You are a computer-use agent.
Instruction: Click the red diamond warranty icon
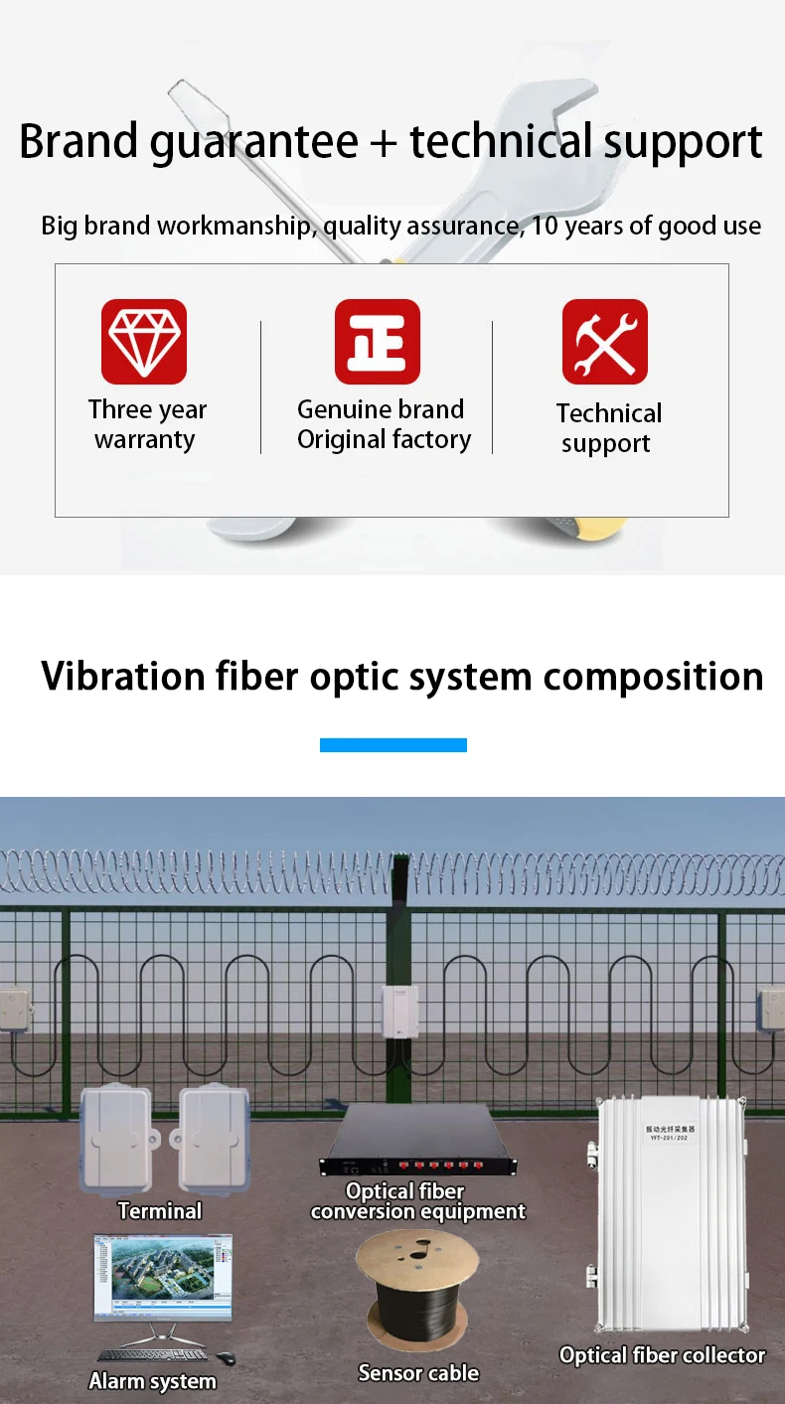coord(144,341)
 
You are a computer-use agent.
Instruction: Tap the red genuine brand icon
coord(378,341)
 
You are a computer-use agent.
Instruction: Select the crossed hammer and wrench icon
coord(605,341)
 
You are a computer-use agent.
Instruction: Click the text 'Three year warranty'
coord(146,424)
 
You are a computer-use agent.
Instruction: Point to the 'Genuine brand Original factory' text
coord(384,424)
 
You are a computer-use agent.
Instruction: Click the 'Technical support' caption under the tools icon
coord(608,428)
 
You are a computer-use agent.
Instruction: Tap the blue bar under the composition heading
coord(392,744)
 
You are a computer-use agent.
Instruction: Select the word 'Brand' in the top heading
coord(79,141)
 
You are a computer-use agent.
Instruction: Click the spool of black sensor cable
coord(417,1292)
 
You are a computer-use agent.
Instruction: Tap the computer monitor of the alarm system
coord(163,1278)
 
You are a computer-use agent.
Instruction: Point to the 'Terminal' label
coord(159,1211)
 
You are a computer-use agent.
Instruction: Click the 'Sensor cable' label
coord(418,1373)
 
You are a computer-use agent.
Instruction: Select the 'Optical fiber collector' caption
coord(662,1355)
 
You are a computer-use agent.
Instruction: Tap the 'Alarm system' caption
coord(152,1381)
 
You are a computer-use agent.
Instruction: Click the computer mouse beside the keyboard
coord(226,1358)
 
